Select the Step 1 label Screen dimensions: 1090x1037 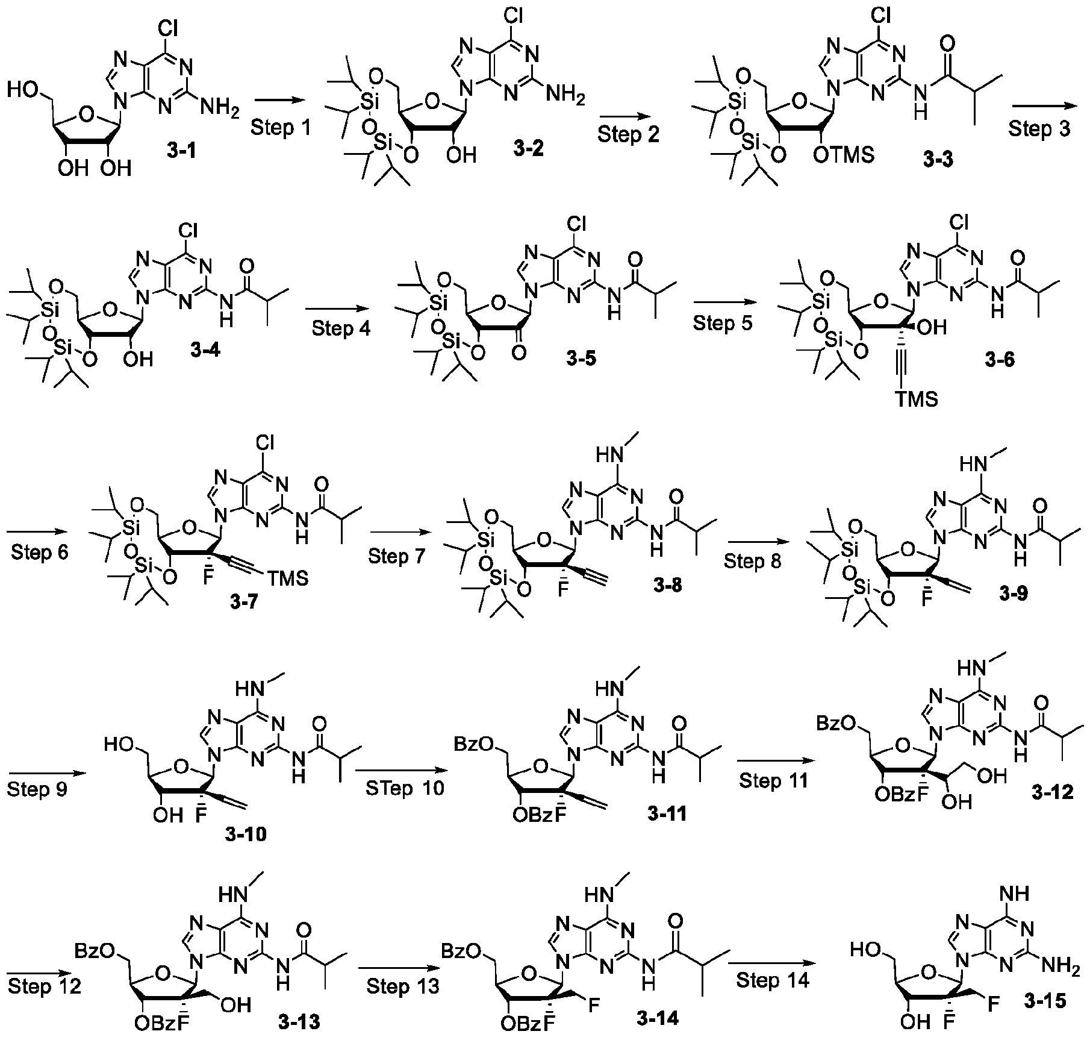pos(281,127)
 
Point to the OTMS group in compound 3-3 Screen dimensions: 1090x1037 pos(845,155)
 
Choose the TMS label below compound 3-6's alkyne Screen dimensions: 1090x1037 pos(916,399)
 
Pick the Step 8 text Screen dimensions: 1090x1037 pos(753,561)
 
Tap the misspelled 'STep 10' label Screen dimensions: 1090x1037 pos(405,788)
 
